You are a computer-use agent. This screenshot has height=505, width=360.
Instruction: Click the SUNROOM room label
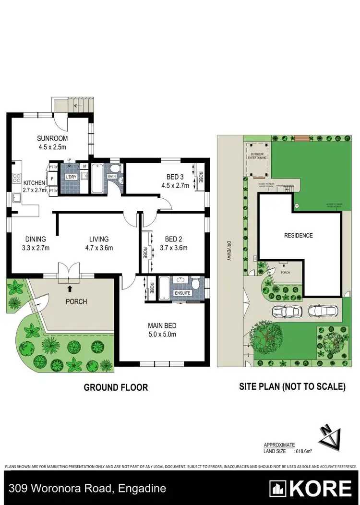(x=51, y=139)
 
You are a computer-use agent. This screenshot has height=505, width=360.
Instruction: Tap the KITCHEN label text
(x=22, y=183)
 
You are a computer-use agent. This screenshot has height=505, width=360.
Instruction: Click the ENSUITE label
(x=182, y=292)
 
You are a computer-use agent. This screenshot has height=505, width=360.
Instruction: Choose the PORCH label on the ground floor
(x=76, y=301)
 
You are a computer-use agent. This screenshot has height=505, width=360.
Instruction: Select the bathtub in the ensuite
(x=163, y=288)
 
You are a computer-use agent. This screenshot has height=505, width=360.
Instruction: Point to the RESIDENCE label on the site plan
(x=299, y=235)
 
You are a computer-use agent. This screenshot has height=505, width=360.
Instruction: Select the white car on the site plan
(x=287, y=311)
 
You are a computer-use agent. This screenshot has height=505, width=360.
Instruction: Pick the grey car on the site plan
(x=324, y=311)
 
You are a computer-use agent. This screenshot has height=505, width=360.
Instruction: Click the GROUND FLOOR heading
(x=116, y=387)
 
